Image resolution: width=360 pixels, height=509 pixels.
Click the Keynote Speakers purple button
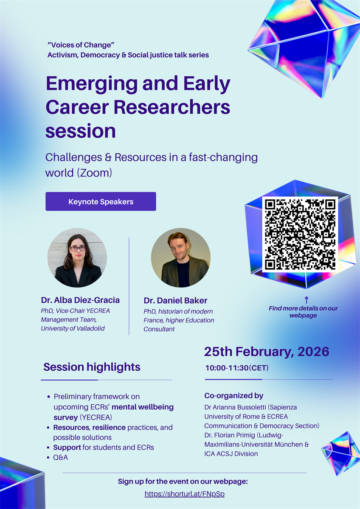click(x=101, y=201)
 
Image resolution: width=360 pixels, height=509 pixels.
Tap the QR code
click(x=300, y=234)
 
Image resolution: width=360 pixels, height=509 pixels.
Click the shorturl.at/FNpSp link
click(x=184, y=494)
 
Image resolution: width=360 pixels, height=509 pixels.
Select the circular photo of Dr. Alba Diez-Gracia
click(x=77, y=258)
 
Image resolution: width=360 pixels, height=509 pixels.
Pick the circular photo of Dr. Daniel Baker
click(x=181, y=258)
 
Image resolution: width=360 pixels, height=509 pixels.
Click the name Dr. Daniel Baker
click(x=175, y=300)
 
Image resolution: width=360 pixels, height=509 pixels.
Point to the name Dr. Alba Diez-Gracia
click(x=80, y=300)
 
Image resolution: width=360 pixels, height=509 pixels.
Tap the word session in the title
click(x=81, y=131)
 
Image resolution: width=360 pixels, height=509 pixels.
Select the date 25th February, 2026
click(x=267, y=352)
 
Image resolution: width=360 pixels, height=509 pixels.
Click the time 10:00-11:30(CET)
click(x=237, y=368)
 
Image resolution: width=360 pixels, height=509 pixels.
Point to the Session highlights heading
click(x=92, y=367)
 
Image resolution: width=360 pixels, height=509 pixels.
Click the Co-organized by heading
click(x=234, y=396)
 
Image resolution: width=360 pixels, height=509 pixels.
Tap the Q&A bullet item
click(x=60, y=457)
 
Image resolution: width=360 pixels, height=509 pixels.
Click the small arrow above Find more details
click(x=307, y=300)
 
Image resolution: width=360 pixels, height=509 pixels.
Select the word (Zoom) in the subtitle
click(x=94, y=173)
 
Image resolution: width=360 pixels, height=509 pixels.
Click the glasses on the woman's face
click(x=78, y=249)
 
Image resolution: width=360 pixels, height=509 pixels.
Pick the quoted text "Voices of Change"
click(x=81, y=45)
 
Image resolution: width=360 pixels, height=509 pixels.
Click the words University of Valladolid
click(x=73, y=328)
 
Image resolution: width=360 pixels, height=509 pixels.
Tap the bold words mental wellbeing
click(x=143, y=407)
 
